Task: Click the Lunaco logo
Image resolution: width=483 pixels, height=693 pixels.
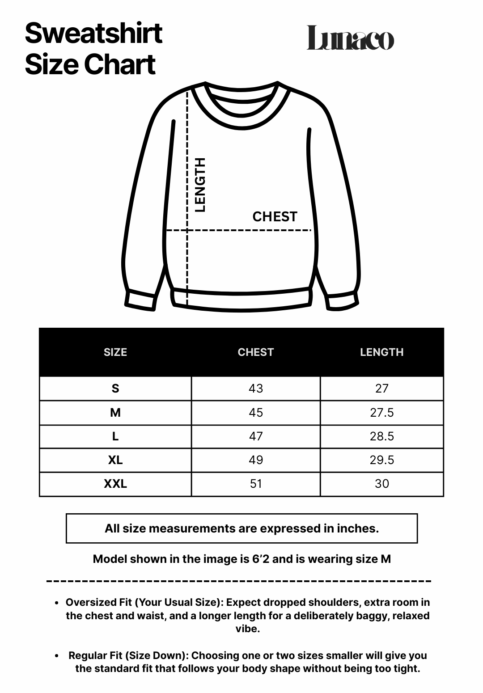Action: tap(350, 38)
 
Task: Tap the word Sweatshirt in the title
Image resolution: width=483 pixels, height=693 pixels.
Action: tap(93, 33)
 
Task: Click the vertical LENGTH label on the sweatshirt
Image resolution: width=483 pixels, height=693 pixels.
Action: tap(200, 184)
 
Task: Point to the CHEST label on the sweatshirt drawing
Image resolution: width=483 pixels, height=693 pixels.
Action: tap(275, 217)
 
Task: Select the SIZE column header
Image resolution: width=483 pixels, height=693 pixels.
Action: tap(115, 352)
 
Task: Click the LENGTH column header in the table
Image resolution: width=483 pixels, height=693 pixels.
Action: tap(381, 352)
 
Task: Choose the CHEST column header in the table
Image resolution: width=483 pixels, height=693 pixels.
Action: tap(255, 352)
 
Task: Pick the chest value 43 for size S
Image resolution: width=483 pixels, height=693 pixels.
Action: tap(256, 389)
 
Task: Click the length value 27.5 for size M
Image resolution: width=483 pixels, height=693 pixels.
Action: tap(381, 412)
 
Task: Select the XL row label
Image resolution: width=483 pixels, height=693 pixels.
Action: tap(115, 460)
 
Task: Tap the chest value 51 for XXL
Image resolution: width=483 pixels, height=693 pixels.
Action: tap(256, 484)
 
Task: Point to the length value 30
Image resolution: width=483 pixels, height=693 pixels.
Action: tap(381, 484)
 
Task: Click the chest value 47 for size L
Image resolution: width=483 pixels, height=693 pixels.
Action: tap(256, 436)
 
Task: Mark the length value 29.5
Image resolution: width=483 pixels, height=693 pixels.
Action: tap(381, 460)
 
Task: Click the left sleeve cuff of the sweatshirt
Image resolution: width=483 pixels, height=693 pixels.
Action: tap(140, 300)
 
